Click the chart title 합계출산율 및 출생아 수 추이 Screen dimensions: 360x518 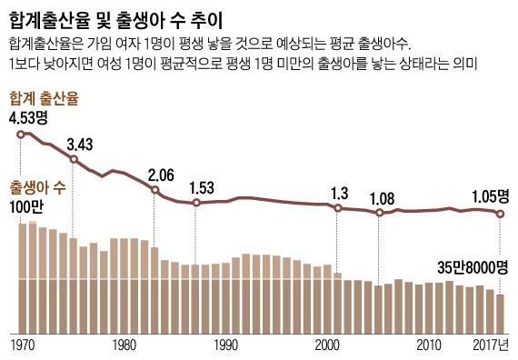[x=117, y=18]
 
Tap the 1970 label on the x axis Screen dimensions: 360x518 [x=22, y=345]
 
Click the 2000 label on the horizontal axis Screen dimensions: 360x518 [x=327, y=345]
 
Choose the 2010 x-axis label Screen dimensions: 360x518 [x=428, y=345]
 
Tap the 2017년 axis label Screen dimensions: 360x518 [x=491, y=345]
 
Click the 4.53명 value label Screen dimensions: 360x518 [x=32, y=117]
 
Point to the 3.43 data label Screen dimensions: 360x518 [x=80, y=145]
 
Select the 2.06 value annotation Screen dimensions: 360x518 [x=160, y=175]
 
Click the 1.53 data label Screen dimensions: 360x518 [x=202, y=188]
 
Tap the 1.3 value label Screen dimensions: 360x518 [x=340, y=193]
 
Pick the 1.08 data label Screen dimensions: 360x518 [x=384, y=198]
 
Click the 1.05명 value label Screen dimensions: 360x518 [x=491, y=195]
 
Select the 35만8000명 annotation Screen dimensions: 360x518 [x=471, y=267]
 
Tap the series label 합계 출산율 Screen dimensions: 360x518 [x=44, y=97]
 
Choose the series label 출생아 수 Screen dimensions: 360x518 [x=37, y=188]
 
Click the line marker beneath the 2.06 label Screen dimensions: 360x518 [x=155, y=190]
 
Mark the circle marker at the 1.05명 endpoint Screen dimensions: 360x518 [x=500, y=214]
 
